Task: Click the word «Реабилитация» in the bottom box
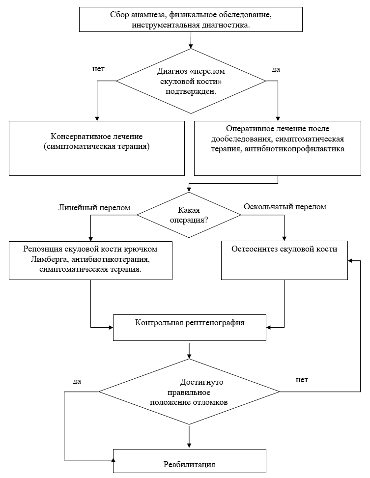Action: [190, 464]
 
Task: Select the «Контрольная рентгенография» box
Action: [190, 328]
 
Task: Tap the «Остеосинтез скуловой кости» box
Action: [285, 260]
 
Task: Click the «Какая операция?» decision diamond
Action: [189, 215]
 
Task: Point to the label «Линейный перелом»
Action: [94, 208]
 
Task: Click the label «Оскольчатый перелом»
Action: [285, 207]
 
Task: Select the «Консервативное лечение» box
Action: [97, 148]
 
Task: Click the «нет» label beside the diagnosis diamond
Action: [99, 69]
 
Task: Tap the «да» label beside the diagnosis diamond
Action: [276, 70]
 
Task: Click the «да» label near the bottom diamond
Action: [77, 381]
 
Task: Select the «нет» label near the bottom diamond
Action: [302, 380]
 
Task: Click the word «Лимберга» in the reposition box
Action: [45, 259]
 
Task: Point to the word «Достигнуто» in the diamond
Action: [201, 382]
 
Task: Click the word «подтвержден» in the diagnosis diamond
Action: [191, 91]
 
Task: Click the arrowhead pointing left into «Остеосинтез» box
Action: [350, 261]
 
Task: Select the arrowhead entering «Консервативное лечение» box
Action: [97, 118]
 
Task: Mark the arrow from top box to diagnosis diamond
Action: [191, 40]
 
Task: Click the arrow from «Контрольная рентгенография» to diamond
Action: [190, 351]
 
